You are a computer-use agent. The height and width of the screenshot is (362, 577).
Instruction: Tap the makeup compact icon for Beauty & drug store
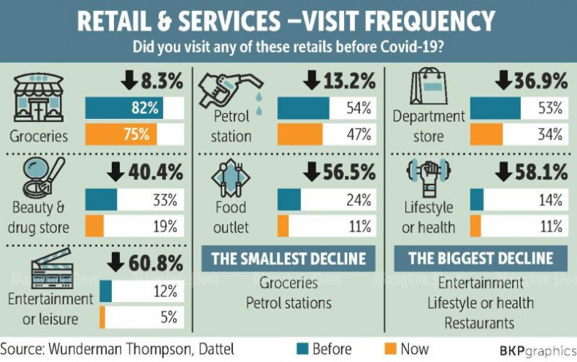point(37,180)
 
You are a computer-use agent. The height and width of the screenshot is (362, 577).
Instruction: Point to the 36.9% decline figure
point(530,80)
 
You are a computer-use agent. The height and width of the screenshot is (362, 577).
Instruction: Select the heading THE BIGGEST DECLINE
point(481,258)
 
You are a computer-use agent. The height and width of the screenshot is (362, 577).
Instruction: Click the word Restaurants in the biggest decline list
point(480,322)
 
